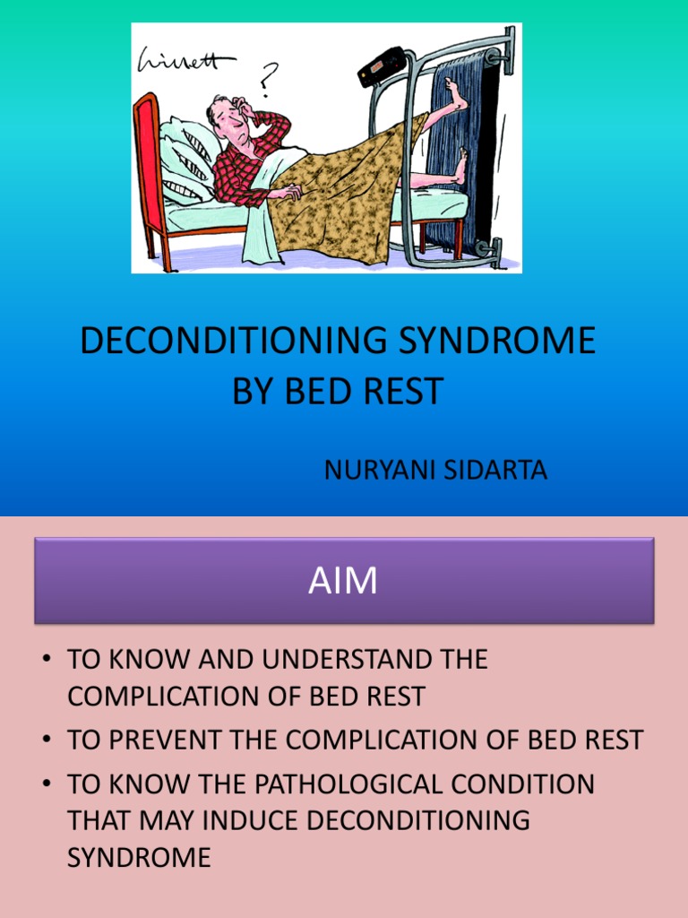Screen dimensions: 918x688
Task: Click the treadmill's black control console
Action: click(383, 66)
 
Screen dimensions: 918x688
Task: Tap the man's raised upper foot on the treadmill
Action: click(456, 97)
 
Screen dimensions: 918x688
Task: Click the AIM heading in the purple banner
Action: click(343, 582)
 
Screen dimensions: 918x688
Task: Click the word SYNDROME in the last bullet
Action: click(139, 857)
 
